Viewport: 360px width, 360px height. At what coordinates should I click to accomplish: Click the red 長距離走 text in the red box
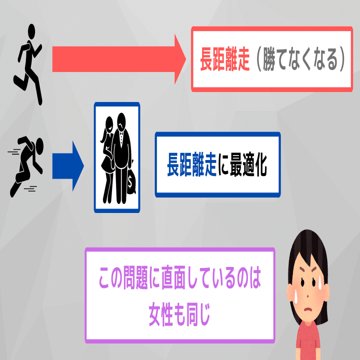click(224, 58)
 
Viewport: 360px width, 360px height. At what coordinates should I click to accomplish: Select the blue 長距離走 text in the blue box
click(191, 164)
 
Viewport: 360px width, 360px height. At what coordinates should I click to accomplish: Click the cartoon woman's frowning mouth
click(306, 306)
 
